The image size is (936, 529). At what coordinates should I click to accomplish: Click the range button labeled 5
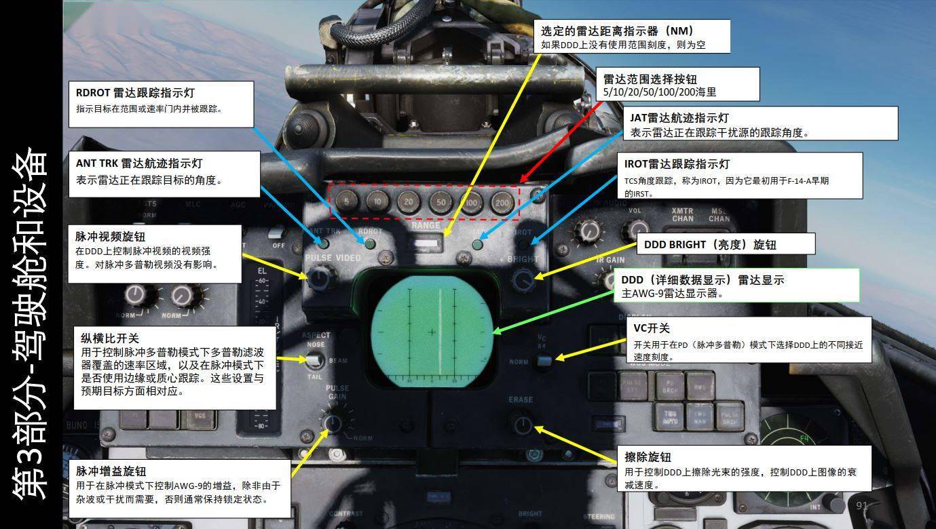[346, 201]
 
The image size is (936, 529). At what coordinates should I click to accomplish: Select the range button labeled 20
[409, 201]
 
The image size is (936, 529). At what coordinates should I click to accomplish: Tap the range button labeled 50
[441, 201]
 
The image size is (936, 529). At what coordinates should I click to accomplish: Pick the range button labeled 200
[502, 202]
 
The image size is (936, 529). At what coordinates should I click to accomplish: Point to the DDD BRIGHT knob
[523, 279]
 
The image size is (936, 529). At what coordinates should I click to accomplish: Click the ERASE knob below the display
[522, 425]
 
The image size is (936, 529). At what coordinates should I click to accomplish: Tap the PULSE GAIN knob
[333, 424]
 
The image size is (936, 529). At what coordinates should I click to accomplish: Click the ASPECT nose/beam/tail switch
[314, 359]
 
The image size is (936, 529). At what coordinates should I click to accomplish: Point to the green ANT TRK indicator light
[324, 243]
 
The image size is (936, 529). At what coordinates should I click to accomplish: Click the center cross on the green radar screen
[432, 332]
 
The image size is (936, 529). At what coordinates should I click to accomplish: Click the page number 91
[862, 505]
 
